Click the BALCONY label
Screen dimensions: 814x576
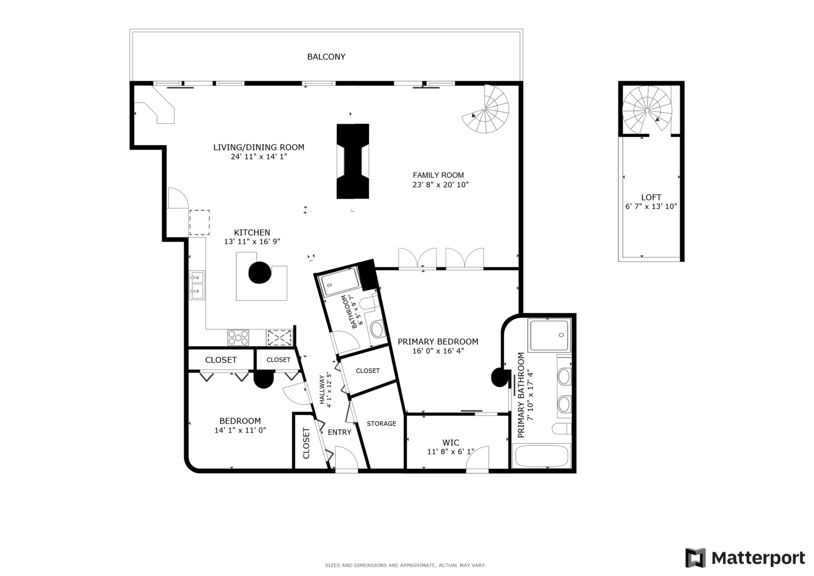(326, 57)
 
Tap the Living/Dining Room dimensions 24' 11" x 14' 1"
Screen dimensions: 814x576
(259, 157)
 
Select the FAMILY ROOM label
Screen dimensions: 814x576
(438, 175)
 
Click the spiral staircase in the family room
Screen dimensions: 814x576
(486, 109)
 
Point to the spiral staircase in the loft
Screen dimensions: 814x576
(647, 110)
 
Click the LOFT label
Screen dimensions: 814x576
(651, 197)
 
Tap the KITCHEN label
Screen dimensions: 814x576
(252, 233)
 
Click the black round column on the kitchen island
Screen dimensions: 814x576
(260, 273)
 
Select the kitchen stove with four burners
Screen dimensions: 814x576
(238, 338)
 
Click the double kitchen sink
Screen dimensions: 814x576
(197, 285)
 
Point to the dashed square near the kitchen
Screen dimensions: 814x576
(199, 222)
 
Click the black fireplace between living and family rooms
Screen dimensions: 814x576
(352, 161)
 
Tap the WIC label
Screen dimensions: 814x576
(450, 443)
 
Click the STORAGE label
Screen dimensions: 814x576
(381, 423)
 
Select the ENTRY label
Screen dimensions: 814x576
(340, 433)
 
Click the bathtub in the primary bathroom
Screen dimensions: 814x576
(541, 455)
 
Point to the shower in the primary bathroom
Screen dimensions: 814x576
(550, 335)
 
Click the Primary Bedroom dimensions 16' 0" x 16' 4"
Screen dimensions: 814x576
(438, 351)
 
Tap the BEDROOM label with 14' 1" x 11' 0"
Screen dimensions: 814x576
(240, 421)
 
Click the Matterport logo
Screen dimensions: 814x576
(745, 558)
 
